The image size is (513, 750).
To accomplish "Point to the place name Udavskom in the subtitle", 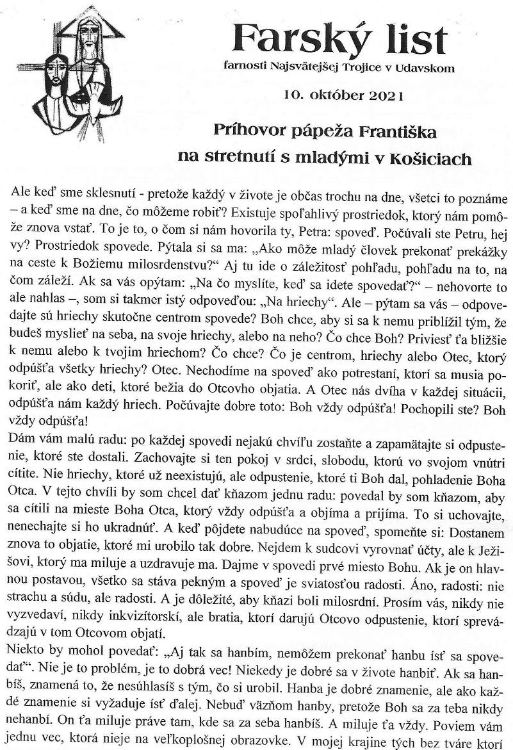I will point(429,67).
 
